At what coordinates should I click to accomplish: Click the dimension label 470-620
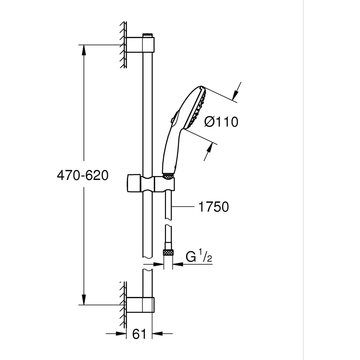pos(82,175)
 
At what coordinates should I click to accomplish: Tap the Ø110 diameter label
pos(221,122)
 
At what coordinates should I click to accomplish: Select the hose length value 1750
pos(213,207)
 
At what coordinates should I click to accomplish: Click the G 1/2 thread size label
pos(198,257)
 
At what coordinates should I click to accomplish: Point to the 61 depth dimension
pos(139,334)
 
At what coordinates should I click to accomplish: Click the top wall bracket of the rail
pos(140,45)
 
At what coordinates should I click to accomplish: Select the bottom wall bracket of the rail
pos(140,304)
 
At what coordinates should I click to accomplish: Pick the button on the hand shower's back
pos(174,116)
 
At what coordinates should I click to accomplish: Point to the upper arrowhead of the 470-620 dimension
pos(84,50)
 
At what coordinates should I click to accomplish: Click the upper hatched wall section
pos(123,45)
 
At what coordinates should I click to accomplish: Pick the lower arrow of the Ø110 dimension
pos(208,151)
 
